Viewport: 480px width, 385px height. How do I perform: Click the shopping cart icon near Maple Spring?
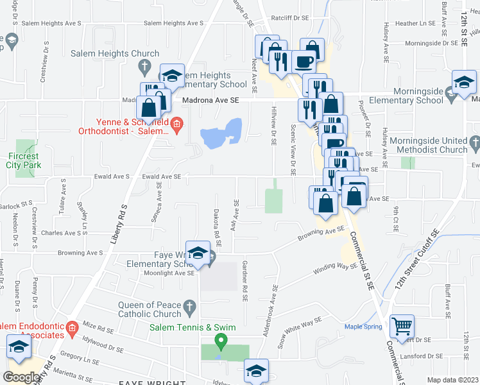click(402, 325)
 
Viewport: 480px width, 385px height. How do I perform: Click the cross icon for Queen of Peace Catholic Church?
click(189, 309)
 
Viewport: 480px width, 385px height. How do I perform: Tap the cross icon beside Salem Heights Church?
click(146, 65)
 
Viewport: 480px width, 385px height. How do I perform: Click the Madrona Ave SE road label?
click(210, 100)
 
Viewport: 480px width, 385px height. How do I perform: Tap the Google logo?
click(21, 377)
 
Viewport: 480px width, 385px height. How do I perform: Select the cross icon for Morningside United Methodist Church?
click(474, 141)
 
